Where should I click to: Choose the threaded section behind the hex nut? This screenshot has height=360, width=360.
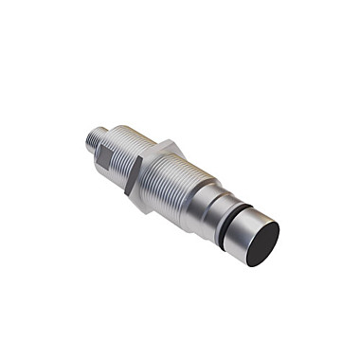click(x=121, y=152)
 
